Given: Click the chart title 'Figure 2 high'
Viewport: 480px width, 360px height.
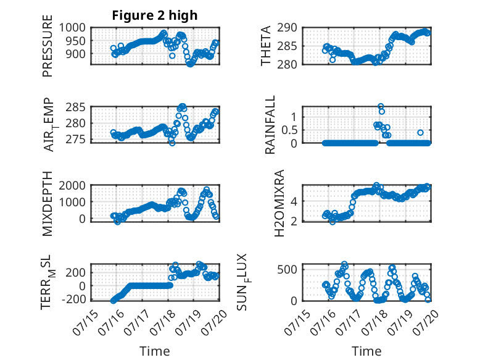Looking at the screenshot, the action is [x=155, y=15].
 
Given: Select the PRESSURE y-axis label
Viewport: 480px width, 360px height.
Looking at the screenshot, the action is [x=48, y=46].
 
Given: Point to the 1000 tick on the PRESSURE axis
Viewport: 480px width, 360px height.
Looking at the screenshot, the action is [x=72, y=28].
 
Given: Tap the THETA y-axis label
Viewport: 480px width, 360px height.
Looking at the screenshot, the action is [x=266, y=46].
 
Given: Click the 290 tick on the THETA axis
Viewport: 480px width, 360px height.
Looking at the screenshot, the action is [x=287, y=28].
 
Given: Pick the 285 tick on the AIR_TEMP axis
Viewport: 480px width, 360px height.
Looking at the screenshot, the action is [x=75, y=107].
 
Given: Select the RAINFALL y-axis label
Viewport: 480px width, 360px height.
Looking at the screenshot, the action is [x=270, y=124].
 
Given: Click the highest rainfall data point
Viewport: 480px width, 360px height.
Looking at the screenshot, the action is [x=381, y=106].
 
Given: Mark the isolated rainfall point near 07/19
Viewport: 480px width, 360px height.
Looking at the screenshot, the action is [x=420, y=133].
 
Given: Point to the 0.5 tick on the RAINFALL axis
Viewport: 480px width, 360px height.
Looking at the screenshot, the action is [x=289, y=130].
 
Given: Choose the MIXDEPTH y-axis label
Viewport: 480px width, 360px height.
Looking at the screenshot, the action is [x=48, y=203].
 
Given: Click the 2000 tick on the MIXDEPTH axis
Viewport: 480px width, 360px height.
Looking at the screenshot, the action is [x=72, y=185].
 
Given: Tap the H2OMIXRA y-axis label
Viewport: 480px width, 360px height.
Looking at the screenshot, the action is [x=279, y=203].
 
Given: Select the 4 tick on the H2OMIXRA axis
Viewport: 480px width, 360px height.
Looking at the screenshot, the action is [x=294, y=201].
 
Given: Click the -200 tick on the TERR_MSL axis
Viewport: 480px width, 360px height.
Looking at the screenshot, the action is [x=73, y=299].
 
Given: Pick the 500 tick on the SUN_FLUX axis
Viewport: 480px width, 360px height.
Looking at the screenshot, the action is [x=287, y=270].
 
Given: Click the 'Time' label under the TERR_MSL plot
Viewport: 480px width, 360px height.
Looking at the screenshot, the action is [x=155, y=351].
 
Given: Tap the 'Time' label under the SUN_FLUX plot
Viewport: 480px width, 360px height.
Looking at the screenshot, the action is [x=366, y=351].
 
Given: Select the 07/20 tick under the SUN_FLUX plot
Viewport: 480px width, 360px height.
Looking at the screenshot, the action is [x=426, y=322].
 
